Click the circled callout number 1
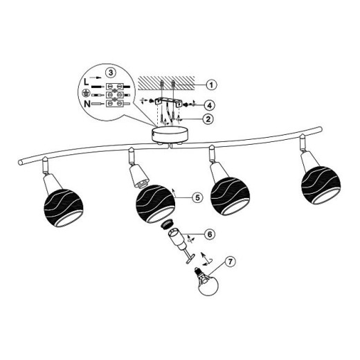point(211,84)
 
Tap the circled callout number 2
point(208,119)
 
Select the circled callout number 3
point(111,73)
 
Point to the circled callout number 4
point(209,105)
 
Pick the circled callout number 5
point(197,197)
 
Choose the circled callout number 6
point(210,234)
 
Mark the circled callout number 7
point(230,262)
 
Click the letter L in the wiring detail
point(86,82)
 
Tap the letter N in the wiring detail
point(87,104)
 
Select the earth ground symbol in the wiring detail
point(86,93)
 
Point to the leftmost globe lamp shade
point(64,208)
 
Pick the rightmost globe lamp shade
point(321,185)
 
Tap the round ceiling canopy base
point(170,134)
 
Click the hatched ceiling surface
point(166,83)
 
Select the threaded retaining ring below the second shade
point(167,224)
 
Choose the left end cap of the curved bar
point(20,162)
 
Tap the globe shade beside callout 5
point(156,204)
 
